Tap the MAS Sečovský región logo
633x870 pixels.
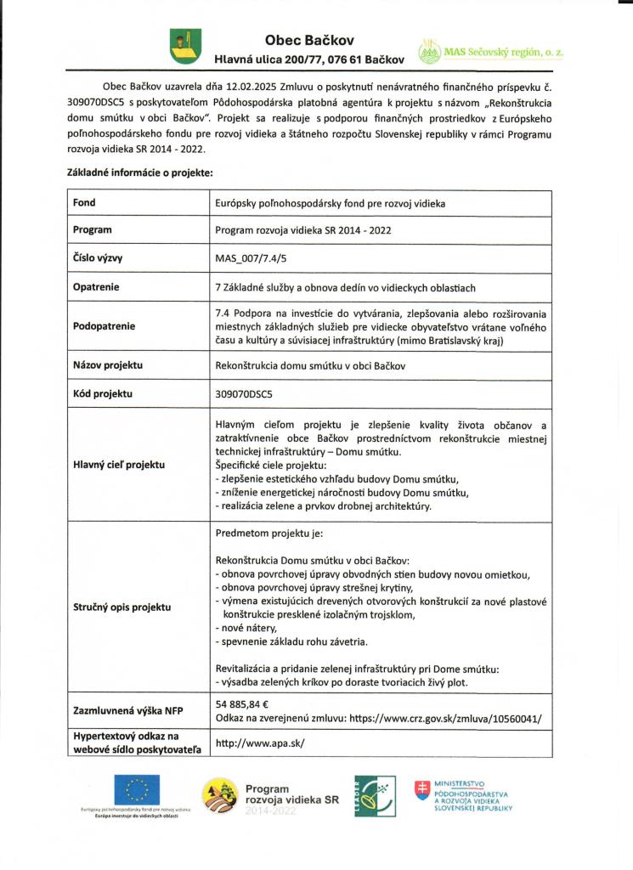click(491, 53)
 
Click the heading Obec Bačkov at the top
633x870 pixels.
click(309, 40)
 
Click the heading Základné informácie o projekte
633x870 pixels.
click(139, 172)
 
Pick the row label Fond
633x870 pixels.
click(84, 203)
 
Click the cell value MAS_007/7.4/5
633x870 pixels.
click(252, 259)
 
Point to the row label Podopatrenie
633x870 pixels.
click(104, 326)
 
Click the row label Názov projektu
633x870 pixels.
click(107, 365)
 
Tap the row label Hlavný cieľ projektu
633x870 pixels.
click(119, 464)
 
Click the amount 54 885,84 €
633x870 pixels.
click(242, 704)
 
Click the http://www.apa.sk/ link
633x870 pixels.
click(260, 742)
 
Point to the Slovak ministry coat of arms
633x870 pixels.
click(421, 793)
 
